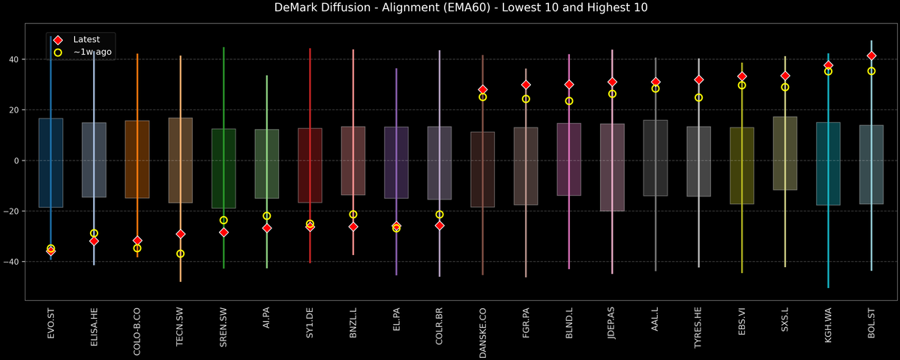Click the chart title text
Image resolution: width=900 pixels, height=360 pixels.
click(x=450, y=8)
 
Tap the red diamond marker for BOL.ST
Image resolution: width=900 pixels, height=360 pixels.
click(x=871, y=55)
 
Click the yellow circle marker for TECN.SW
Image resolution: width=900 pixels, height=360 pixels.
click(x=180, y=254)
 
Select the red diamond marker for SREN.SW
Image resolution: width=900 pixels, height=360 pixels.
click(x=223, y=232)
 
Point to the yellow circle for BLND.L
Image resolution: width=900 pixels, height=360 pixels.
click(x=569, y=101)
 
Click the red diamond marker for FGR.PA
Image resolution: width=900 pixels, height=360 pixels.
click(x=526, y=85)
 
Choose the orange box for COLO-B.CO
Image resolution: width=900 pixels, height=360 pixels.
click(x=137, y=159)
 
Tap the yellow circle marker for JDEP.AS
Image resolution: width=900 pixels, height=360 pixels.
click(x=612, y=94)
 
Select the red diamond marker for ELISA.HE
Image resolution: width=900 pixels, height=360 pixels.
click(x=94, y=241)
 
